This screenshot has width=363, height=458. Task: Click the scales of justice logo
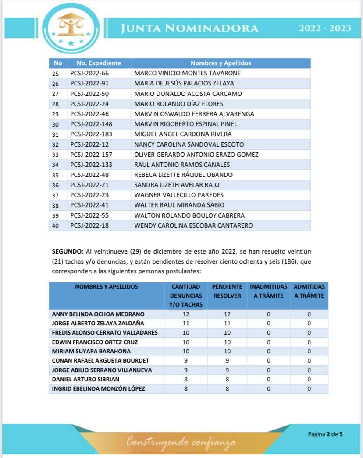pos(71,27)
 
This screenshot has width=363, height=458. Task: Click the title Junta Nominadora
pos(190,28)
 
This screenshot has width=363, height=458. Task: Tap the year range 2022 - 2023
pos(325,28)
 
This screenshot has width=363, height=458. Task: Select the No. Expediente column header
pos(99,63)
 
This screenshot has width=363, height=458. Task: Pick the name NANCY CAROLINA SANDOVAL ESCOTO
pos(189,144)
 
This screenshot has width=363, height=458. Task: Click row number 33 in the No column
pos(55,155)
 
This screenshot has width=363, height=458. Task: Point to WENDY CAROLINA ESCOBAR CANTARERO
pos(193,225)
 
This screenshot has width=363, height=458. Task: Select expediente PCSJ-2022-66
pos(89,73)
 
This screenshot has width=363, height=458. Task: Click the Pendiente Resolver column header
pos(227,291)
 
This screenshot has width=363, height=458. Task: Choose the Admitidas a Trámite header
pos(309,291)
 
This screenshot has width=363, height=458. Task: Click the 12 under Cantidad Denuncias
pos(186,314)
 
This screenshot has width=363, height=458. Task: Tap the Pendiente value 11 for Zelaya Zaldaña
pos(227,324)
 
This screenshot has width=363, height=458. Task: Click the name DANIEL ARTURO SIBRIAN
pos(85,379)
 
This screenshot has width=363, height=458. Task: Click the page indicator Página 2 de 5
pos(325,434)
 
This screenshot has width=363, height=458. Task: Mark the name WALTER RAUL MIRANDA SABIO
pos(179,205)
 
